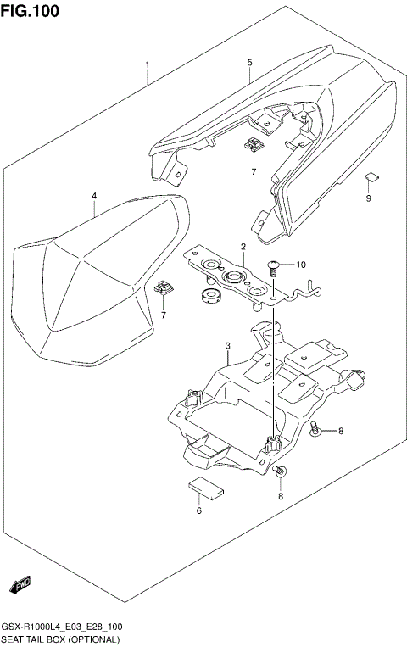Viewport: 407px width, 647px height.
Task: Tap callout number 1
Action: coord(147,64)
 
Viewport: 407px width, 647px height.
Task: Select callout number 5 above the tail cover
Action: coord(249,63)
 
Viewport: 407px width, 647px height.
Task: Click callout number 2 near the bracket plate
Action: coord(243,248)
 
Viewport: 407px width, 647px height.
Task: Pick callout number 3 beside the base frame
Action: coord(228,346)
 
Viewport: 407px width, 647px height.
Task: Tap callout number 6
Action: coord(198,510)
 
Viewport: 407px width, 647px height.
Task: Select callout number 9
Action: coord(369,199)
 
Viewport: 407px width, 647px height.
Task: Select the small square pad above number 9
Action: coord(369,177)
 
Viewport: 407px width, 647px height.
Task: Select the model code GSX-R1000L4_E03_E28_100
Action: coord(60,627)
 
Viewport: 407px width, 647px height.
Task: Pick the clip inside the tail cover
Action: coord(254,146)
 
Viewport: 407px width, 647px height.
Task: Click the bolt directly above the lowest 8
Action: coord(281,471)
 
